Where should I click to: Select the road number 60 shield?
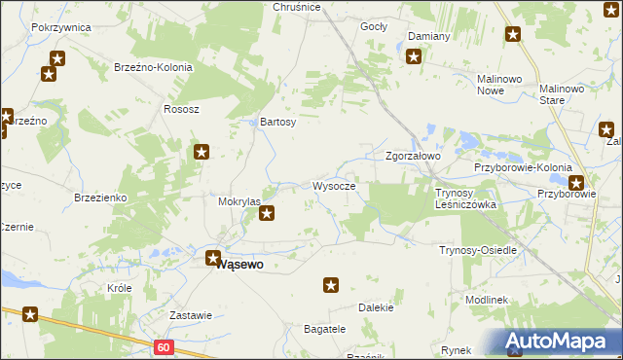click(x=163, y=347)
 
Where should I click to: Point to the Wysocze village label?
click(x=340, y=186)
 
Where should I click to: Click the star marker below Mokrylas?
click(x=267, y=213)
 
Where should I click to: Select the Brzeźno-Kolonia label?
click(x=154, y=68)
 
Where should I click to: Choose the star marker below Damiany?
click(x=414, y=56)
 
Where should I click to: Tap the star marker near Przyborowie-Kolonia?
click(x=576, y=182)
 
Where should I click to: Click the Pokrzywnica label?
click(x=60, y=27)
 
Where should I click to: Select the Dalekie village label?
click(x=376, y=307)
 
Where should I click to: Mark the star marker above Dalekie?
click(x=331, y=285)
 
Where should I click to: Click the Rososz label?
click(x=182, y=109)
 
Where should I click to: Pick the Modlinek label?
click(x=487, y=300)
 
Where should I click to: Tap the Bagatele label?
click(x=325, y=329)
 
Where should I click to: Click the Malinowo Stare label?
click(x=567, y=94)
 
